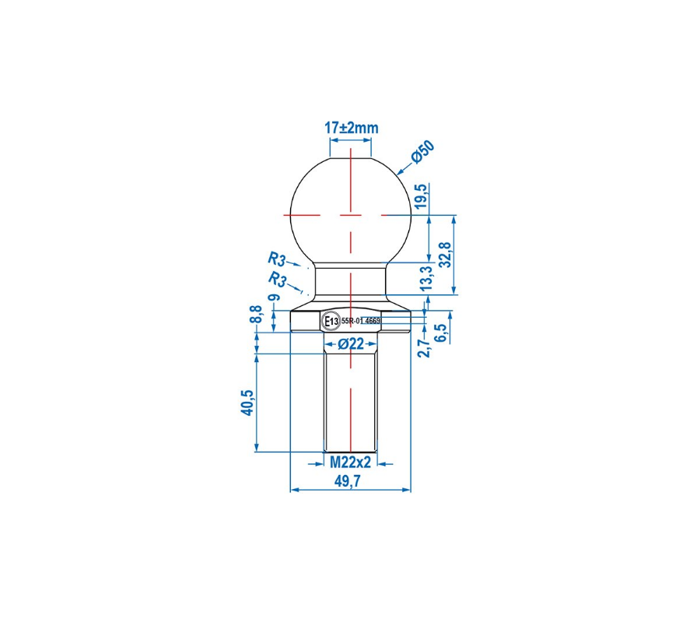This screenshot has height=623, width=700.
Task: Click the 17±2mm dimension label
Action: pyautogui.click(x=352, y=128)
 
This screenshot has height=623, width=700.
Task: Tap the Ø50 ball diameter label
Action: pyautogui.click(x=423, y=152)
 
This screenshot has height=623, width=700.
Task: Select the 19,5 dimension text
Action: pyautogui.click(x=422, y=195)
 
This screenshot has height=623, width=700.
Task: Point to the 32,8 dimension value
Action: pyautogui.click(x=446, y=255)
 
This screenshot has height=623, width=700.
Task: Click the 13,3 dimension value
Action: pyautogui.click(x=427, y=278)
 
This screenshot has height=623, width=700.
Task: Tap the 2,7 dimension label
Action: pyautogui.click(x=426, y=348)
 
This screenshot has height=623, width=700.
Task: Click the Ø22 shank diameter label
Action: pyautogui.click(x=351, y=344)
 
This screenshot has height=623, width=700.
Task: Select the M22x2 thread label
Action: pyautogui.click(x=351, y=463)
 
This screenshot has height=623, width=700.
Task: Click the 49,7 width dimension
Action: pyautogui.click(x=348, y=481)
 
